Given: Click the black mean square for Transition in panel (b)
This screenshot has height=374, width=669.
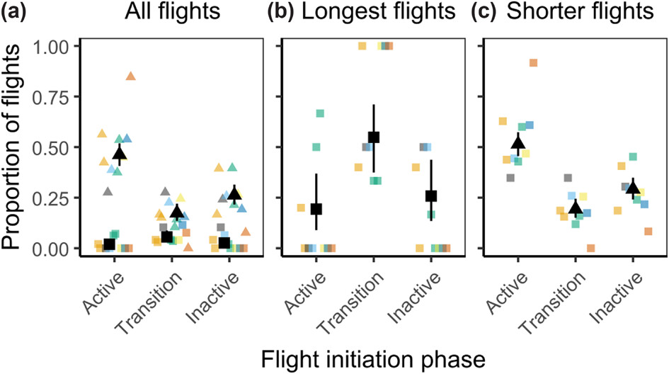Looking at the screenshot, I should tap(374, 137).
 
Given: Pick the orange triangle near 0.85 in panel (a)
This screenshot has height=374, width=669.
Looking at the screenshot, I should tap(131, 76).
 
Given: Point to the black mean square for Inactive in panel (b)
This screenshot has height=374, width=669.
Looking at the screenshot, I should tap(431, 195).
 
